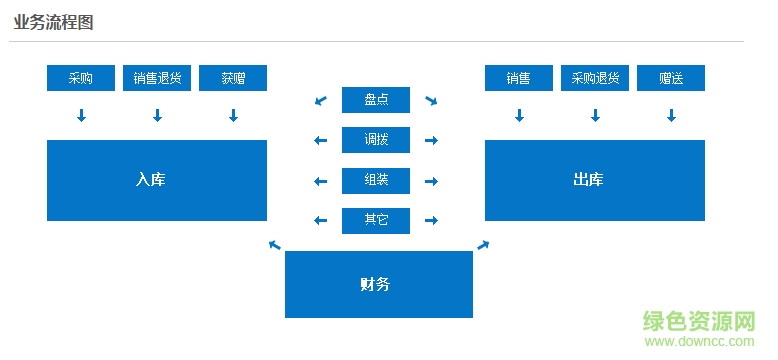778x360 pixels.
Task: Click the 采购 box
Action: pos(81,78)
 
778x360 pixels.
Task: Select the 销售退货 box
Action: pos(157,78)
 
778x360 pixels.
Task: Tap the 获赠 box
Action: pos(233,78)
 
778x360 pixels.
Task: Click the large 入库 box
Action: pos(157,180)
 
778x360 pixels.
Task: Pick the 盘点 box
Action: pos(376,100)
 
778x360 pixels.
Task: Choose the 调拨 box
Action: pos(376,140)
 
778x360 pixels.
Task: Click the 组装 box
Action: pos(376,181)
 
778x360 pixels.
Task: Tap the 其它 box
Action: pos(376,221)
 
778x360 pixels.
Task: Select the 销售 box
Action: pos(518,78)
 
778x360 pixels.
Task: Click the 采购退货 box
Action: pos(595,78)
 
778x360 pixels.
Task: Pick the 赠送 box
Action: pos(671,78)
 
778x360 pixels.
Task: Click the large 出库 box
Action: pos(595,180)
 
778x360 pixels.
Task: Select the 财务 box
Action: pos(379,284)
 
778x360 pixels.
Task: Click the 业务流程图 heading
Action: pos(54,23)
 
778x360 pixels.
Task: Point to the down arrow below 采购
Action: pos(81,116)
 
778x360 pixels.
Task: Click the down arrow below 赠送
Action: pos(671,116)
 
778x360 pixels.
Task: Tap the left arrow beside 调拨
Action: pos(321,140)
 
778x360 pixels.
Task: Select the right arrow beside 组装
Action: pos(431,181)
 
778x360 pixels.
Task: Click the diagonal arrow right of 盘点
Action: pos(431,100)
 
